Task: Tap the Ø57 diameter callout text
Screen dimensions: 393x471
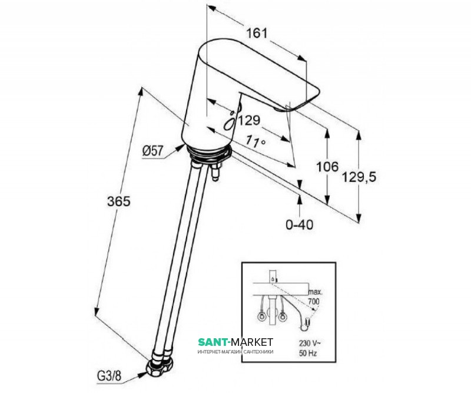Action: coord(152,151)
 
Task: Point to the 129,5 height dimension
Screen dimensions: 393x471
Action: coord(377,176)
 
